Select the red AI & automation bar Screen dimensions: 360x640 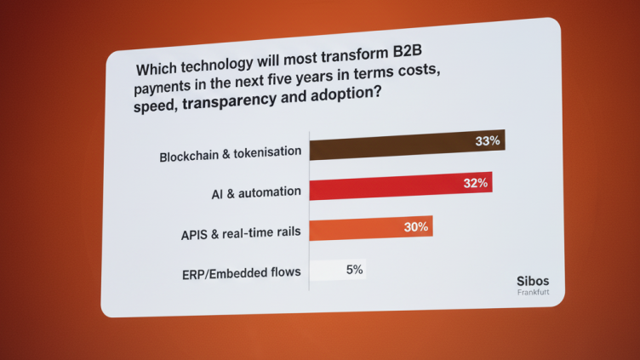pyautogui.click(x=400, y=186)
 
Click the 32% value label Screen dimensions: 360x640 pyautogui.click(x=476, y=183)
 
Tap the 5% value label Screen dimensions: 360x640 pyautogui.click(x=354, y=270)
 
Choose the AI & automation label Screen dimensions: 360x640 pyautogui.click(x=256, y=193)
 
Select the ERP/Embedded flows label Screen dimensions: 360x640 pyautogui.click(x=242, y=274)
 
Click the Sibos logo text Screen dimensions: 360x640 pyautogui.click(x=534, y=281)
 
